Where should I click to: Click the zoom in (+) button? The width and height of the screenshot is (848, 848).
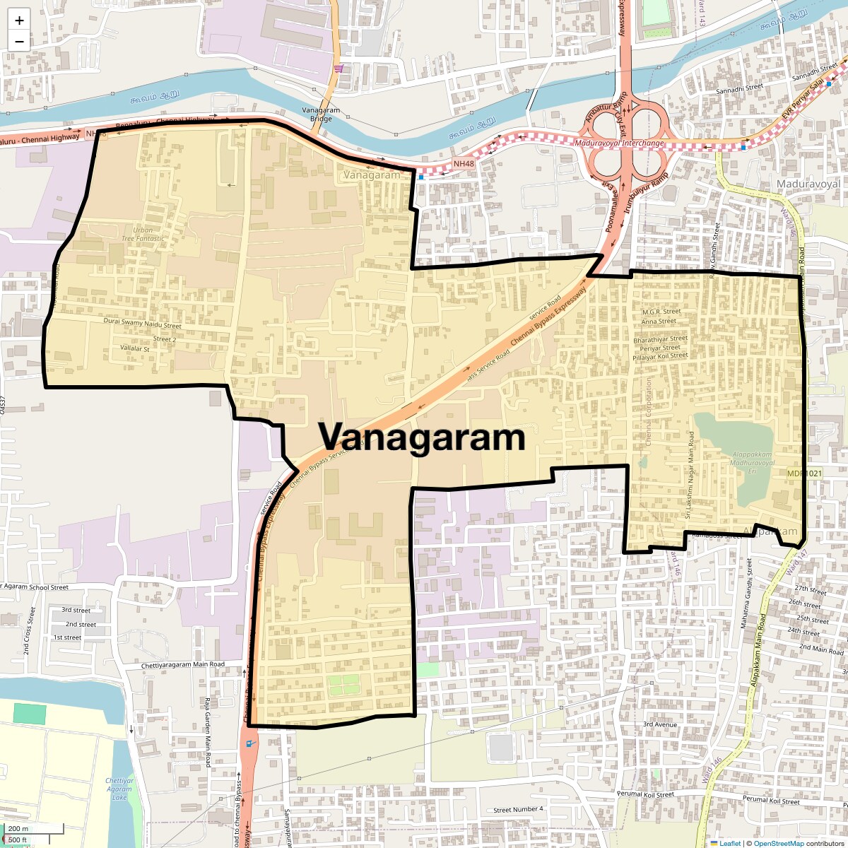19,20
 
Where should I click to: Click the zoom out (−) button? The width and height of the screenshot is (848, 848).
19,41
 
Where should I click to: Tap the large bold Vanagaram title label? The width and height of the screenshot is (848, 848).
422,437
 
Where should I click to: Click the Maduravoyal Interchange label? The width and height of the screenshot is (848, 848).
620,143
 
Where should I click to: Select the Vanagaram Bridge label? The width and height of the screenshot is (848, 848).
321,114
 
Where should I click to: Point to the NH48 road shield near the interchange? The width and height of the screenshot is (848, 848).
463,164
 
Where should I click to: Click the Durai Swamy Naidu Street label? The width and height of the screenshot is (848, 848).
143,324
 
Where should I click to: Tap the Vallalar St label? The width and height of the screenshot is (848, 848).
135,348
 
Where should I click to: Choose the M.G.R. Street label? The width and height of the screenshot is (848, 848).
661,312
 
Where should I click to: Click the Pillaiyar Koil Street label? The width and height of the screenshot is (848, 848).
659,355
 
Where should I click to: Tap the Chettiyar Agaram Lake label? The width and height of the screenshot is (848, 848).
119,789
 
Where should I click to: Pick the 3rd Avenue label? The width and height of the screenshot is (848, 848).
660,724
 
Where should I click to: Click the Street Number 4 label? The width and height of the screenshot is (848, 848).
518,809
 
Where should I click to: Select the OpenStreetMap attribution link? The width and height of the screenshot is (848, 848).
778,843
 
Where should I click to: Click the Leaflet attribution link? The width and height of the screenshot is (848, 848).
730,843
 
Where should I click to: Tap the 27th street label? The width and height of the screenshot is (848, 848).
810,589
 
